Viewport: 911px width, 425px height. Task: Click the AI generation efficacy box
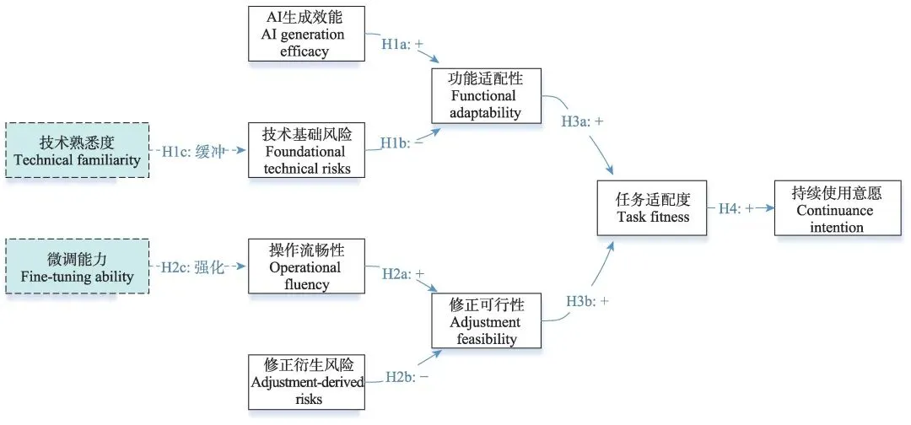click(x=307, y=33)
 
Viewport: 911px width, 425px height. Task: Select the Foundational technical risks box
click(x=307, y=149)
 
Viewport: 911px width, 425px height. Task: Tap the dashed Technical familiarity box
click(x=77, y=149)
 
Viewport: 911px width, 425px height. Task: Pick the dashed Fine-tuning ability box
click(x=77, y=266)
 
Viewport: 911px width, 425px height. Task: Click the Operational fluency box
click(x=307, y=266)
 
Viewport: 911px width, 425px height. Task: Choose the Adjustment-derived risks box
click(x=307, y=382)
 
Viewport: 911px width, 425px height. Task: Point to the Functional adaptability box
click(x=484, y=95)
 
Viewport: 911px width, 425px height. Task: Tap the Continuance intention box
click(x=830, y=208)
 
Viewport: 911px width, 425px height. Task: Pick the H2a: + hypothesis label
click(x=402, y=274)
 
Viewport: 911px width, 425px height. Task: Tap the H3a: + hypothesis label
click(x=582, y=121)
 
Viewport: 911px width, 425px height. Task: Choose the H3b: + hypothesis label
click(x=587, y=301)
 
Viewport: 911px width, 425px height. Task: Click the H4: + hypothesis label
click(x=735, y=208)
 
